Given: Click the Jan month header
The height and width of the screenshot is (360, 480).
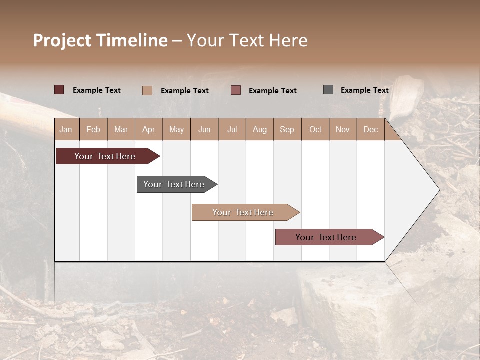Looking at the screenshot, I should (66, 129).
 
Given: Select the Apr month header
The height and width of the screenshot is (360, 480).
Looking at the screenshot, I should (149, 129).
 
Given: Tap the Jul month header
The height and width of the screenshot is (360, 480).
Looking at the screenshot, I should (232, 129).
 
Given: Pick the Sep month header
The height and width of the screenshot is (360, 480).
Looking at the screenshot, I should (287, 129).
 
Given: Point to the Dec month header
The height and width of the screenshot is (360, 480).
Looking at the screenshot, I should (370, 129).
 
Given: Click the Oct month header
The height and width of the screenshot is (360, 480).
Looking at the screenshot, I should (315, 129).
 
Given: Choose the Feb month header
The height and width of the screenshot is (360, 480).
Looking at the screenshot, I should (93, 129).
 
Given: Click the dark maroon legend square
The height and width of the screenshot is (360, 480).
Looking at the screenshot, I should (59, 90).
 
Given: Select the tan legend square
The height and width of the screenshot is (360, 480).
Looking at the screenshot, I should (147, 90).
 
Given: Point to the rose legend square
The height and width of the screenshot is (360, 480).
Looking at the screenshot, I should (236, 90).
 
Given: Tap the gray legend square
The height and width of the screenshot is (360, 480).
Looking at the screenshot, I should (328, 90).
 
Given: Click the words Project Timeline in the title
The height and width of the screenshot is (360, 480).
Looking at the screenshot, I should (100, 40).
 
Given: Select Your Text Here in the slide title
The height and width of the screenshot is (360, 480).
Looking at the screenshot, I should (247, 40).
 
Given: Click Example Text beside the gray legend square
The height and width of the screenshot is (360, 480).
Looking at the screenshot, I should (364, 90).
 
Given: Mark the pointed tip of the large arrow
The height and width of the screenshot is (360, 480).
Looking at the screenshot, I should (438, 190).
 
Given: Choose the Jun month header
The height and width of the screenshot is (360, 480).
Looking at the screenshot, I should (204, 129).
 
